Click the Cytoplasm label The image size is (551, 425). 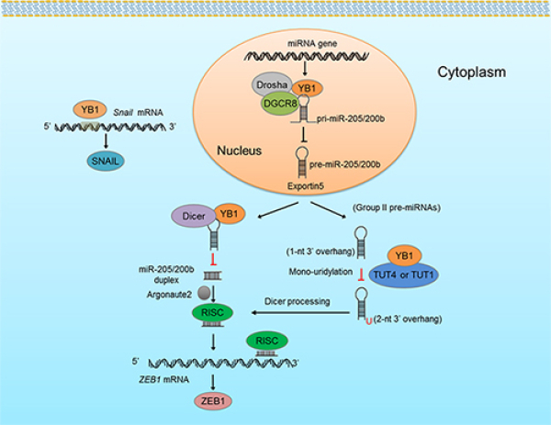[x=471, y=70]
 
